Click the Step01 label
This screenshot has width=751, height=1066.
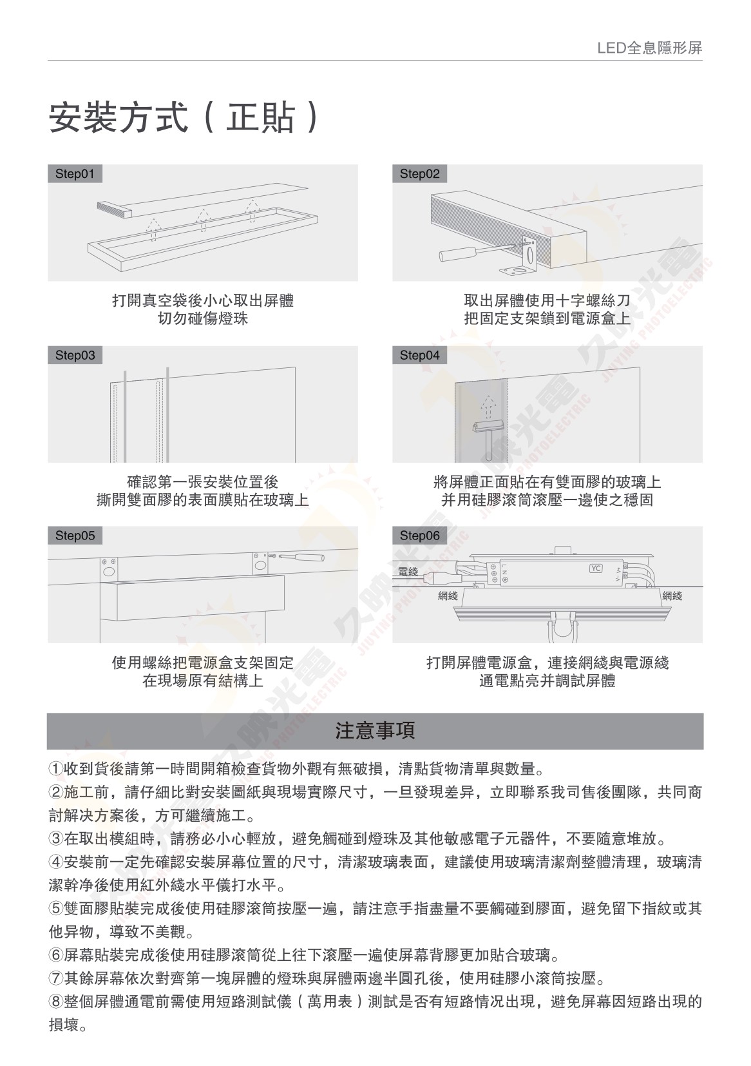tap(75, 174)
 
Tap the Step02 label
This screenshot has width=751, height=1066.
tap(419, 174)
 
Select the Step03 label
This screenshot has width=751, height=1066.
tap(75, 355)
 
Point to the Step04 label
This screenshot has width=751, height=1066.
tap(419, 355)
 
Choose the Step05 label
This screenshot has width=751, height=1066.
tap(75, 536)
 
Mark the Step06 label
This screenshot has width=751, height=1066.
tap(419, 536)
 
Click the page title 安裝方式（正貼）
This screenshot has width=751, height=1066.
tap(184, 117)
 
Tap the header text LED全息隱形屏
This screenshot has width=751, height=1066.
tap(650, 48)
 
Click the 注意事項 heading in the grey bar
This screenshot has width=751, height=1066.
tap(375, 730)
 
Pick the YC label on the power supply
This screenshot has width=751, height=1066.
tap(596, 568)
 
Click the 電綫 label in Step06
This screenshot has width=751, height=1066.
tap(408, 571)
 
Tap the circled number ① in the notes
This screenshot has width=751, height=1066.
tap(56, 768)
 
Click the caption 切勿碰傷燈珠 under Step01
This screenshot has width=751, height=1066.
tap(203, 318)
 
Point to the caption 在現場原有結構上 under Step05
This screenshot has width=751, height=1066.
tap(203, 680)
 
